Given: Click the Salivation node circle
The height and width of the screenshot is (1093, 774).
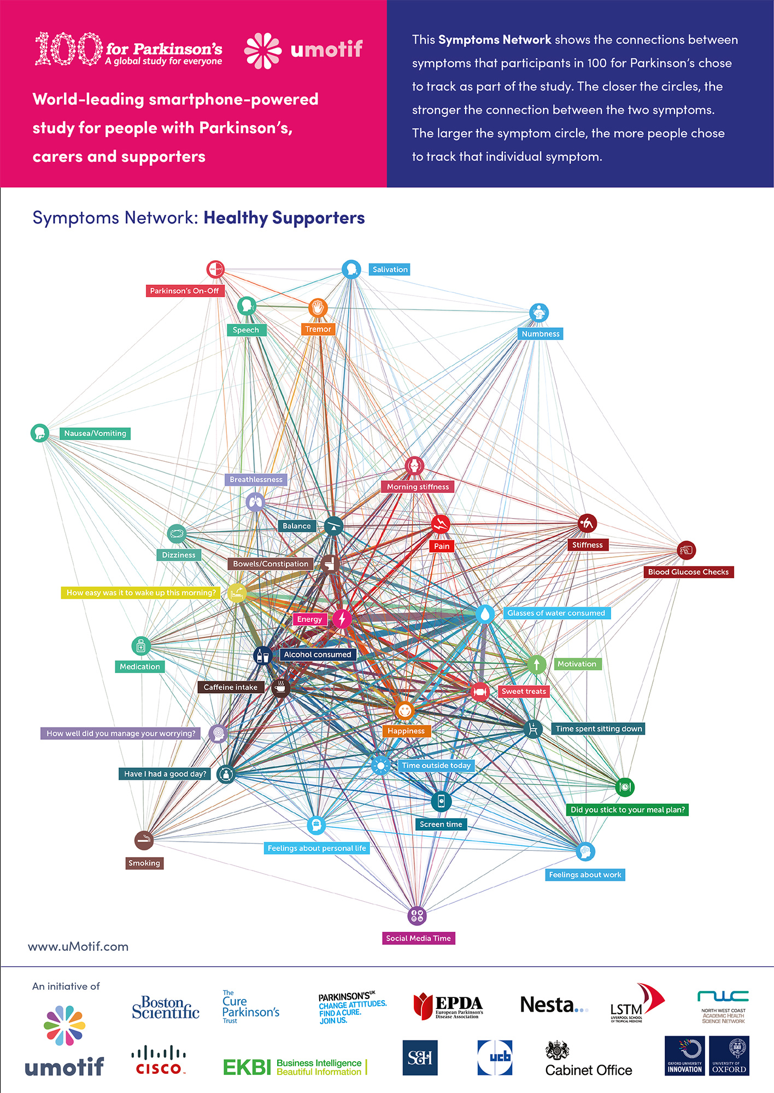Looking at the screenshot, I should coord(351,269).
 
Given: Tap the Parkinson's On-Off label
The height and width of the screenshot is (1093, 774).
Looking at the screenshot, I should coord(184,291).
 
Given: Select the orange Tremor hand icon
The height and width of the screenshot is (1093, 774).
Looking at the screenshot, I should coord(318,308).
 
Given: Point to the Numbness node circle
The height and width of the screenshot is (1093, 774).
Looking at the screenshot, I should coord(539,313).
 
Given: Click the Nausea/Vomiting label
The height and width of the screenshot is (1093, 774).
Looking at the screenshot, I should coord(95,433).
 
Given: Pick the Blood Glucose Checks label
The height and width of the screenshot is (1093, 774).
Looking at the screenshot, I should coord(688,572).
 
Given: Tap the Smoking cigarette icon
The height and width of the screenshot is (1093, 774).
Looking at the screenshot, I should coord(144,841).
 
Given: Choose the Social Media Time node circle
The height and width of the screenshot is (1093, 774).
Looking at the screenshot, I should coord(417,916).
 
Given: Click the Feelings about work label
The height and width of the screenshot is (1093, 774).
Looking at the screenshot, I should coord(585,875).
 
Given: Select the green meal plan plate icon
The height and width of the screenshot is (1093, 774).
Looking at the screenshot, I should coord(624,787).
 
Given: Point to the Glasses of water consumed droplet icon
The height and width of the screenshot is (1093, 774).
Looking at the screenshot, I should coord(484,614).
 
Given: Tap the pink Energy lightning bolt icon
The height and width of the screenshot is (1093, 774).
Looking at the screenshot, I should coord(342,619).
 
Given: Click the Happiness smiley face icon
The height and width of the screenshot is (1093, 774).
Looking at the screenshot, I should coord(404,711).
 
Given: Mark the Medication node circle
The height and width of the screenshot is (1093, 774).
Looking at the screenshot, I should coord(140,646).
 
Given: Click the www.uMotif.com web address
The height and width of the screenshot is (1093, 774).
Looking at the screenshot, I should coord(78,947).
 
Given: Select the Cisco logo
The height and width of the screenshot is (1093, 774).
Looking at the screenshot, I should coord(159,1060).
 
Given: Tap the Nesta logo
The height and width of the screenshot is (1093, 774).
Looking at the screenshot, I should coord(553,1005).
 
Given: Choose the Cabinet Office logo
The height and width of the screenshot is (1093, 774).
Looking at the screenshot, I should coord(588,1060).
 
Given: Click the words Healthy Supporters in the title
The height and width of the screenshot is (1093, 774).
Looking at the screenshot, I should coord(284,218).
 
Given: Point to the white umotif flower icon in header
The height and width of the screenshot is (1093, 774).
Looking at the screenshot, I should coord(262,51).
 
